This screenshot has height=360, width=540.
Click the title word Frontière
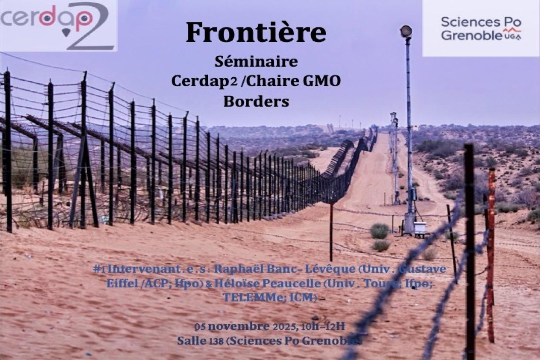[x=256, y=32]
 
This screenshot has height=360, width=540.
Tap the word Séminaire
[x=256, y=62]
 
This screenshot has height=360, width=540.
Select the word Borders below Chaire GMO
[x=256, y=102]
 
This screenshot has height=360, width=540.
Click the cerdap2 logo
[x=58, y=25]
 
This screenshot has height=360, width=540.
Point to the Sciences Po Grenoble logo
[x=481, y=28]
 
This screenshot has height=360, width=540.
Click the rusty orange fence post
[x=491, y=255]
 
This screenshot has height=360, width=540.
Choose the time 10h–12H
[x=324, y=326]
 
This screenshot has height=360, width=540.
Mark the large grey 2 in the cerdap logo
[x=91, y=28]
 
